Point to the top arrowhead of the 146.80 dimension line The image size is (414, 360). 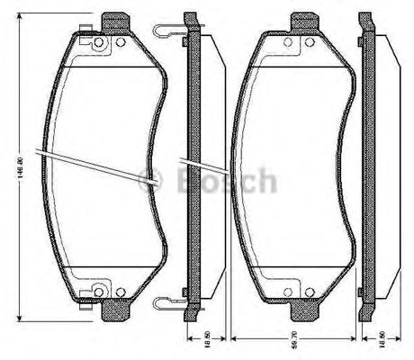[18, 18]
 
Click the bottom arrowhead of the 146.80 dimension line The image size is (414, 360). [18, 317]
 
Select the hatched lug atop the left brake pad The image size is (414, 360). [114, 21]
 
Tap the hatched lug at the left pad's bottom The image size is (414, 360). [114, 312]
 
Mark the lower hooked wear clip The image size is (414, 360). [166, 301]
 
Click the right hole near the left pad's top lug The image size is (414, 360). [120, 42]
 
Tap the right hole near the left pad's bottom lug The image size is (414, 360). [120, 292]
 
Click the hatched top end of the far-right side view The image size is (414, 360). [364, 20]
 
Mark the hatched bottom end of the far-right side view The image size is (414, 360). [364, 313]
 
